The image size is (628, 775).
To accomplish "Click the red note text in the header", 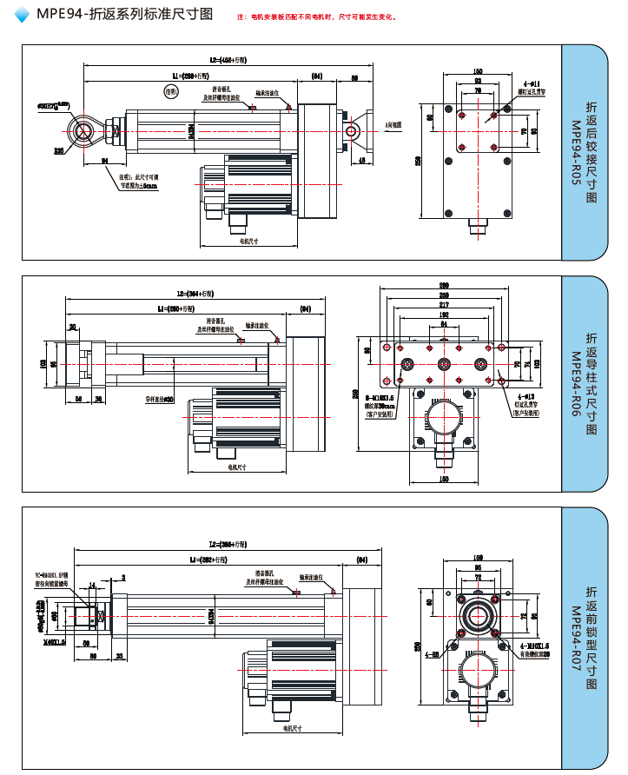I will (317, 17).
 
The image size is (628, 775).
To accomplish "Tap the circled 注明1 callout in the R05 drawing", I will (171, 90).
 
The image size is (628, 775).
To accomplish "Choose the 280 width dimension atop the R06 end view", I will (444, 286).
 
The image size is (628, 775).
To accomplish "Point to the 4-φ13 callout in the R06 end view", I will (526, 396).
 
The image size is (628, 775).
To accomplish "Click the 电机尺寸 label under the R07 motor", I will (292, 727).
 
